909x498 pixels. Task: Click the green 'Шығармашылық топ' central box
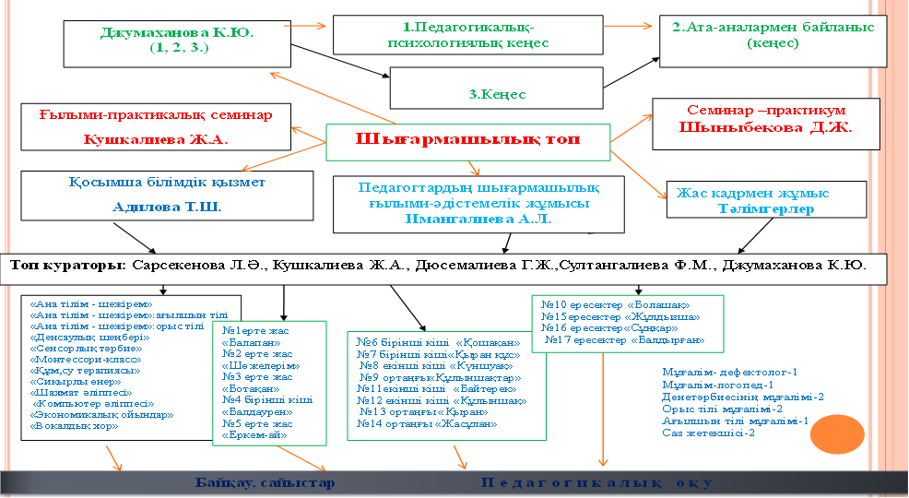468,140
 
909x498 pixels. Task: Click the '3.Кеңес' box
497,93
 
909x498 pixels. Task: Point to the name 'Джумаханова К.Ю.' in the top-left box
178,32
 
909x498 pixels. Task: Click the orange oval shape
843,433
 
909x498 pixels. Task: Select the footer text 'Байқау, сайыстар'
265,482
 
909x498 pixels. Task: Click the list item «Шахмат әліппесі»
81,392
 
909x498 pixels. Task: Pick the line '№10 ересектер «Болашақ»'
615,304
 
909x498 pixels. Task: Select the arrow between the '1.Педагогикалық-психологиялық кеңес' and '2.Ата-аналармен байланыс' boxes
635,28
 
